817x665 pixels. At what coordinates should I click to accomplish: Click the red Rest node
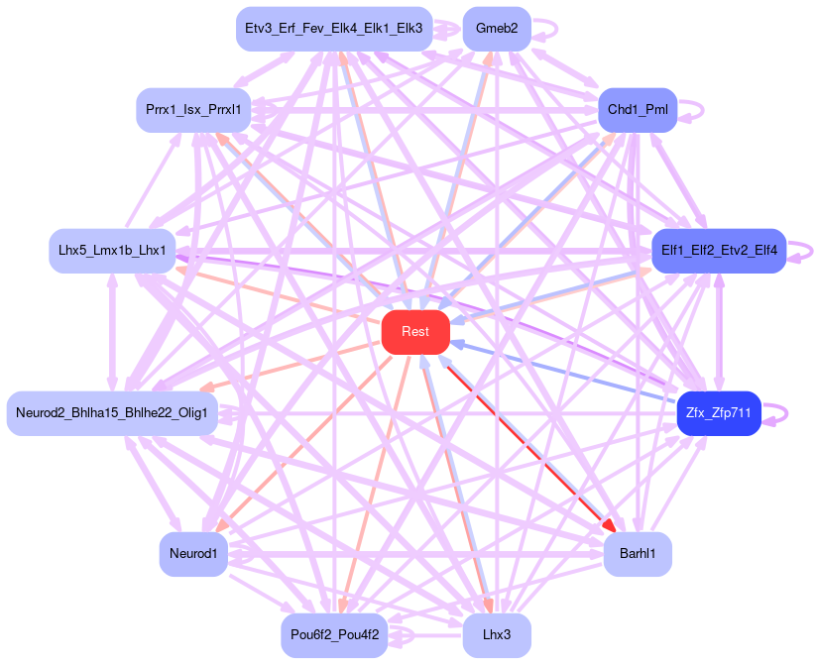point(415,331)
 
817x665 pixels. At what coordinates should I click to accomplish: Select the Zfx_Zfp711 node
point(719,412)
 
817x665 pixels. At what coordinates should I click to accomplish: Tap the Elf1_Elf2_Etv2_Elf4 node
point(718,251)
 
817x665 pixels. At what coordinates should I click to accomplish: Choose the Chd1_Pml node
point(637,110)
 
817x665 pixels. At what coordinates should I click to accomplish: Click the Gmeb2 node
point(496,29)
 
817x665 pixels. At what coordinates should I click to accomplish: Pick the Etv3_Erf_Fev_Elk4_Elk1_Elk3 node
point(334,29)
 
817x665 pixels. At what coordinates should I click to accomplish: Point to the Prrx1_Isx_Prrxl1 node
point(193,110)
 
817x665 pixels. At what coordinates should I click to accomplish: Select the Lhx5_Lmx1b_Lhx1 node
point(112,251)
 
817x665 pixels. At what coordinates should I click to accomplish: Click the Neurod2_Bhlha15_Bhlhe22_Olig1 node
point(112,412)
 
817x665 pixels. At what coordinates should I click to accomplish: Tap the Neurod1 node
point(193,553)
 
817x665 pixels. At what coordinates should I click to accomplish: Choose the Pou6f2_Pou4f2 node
point(334,634)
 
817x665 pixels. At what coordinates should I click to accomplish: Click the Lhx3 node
point(496,634)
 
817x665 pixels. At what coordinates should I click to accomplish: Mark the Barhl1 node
point(637,553)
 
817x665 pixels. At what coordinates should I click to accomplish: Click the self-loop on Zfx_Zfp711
point(785,412)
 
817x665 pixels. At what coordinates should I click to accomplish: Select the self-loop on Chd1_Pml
point(701,110)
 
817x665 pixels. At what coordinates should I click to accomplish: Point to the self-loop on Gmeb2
point(553,29)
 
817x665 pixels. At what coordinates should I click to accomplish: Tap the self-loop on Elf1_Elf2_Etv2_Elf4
point(812,251)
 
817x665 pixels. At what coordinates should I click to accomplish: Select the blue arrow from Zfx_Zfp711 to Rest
point(565,373)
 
